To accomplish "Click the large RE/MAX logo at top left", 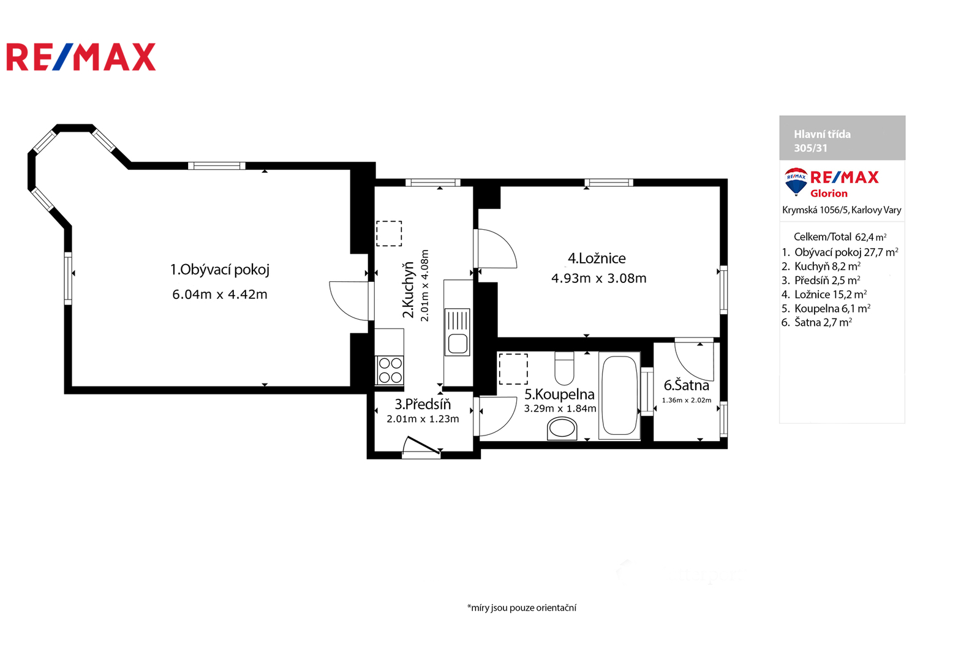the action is (81, 57).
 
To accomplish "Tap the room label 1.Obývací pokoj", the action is (220, 270).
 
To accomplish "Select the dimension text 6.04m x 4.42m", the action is (220, 295).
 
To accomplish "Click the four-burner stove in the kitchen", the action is (390, 370).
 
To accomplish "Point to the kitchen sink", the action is (458, 332).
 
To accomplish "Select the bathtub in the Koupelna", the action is (619, 395).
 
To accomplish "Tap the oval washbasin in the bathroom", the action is (562, 428).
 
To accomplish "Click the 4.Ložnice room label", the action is (597, 259).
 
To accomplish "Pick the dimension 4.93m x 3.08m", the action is (598, 278).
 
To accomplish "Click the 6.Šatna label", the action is (687, 385).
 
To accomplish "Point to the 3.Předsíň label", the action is (423, 404).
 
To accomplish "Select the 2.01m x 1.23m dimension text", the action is (423, 419).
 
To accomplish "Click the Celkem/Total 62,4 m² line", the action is (840, 237).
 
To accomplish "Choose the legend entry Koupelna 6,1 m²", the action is (826, 309).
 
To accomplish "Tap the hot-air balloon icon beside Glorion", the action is (796, 181).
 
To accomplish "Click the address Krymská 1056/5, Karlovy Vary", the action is (842, 210).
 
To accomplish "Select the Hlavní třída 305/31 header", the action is (823, 141).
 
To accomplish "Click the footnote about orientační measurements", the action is (521, 608).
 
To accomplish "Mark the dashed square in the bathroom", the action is (513, 369).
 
